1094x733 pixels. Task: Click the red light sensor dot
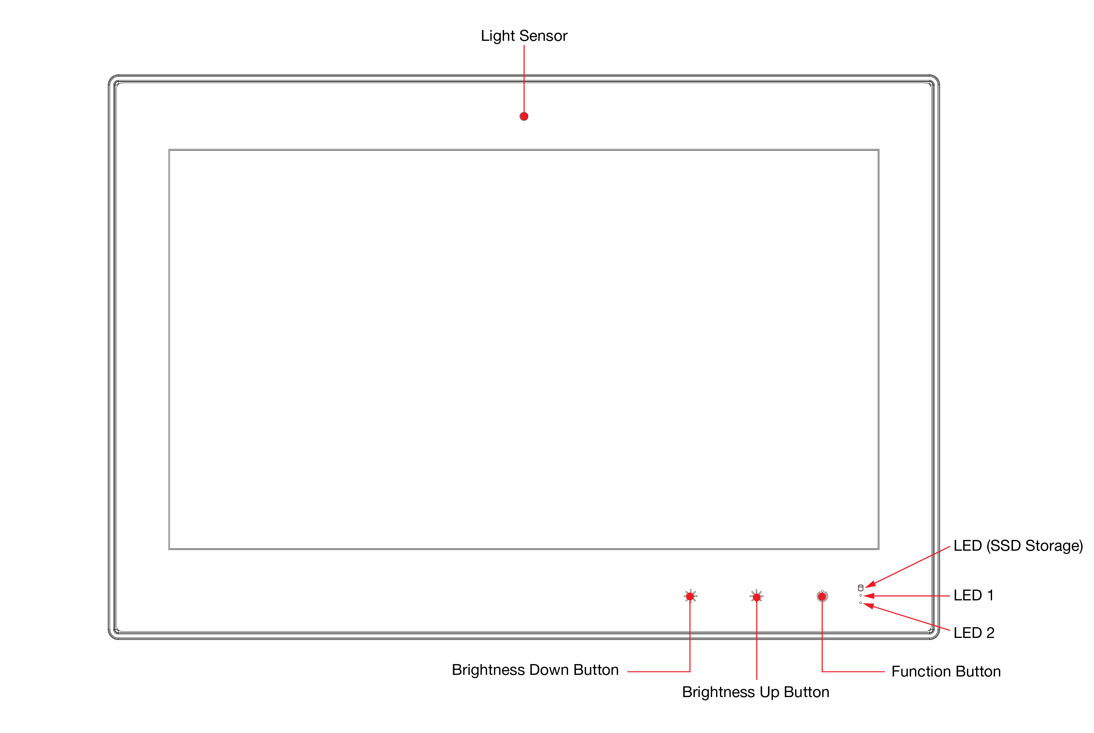point(524,116)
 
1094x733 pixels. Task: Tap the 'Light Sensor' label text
point(524,36)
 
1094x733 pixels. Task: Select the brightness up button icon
point(757,596)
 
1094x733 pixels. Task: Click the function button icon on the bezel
point(822,596)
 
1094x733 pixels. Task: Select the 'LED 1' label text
point(973,595)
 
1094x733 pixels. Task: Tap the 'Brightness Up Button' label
point(756,692)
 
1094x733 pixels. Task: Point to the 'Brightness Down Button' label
point(535,670)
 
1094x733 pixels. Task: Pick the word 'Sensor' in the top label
point(543,36)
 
